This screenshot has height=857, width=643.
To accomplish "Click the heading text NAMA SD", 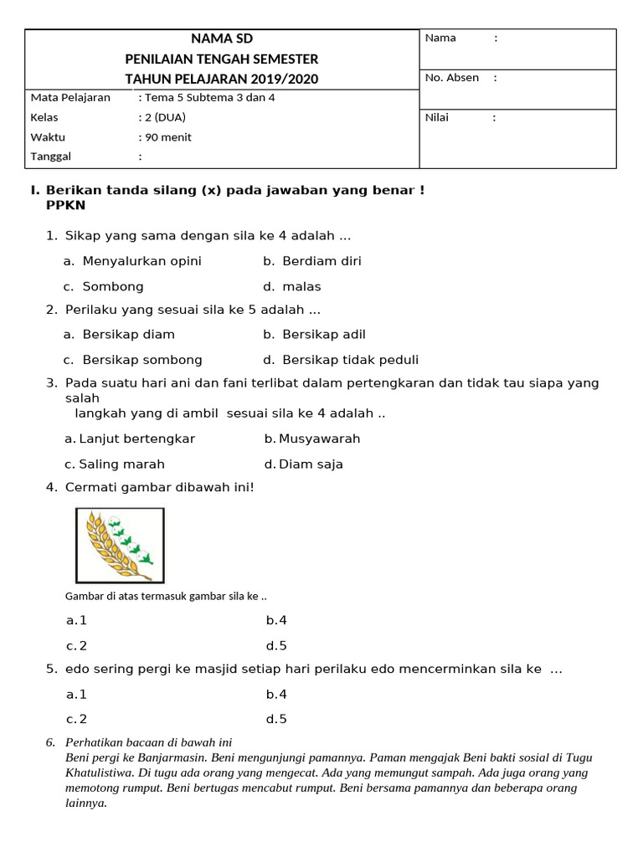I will [221, 38].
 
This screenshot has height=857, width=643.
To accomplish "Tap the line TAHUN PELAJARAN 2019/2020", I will [221, 79].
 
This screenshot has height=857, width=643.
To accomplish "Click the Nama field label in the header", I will [440, 38].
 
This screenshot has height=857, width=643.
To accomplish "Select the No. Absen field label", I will [452, 78].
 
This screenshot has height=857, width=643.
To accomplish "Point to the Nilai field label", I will [437, 117].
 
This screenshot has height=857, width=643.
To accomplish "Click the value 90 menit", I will [168, 137].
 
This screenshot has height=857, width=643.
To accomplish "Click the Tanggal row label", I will [51, 157].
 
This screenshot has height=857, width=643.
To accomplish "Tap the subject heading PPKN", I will [66, 205].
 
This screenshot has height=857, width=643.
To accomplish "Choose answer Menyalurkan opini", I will [141, 261].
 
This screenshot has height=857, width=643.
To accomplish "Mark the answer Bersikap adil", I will [323, 335].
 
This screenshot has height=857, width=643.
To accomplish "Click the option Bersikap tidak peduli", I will [350, 361].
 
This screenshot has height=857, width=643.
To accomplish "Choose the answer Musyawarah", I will [319, 439].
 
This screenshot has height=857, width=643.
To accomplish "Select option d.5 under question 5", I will [276, 719].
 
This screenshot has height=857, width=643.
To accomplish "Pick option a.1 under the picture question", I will [77, 620].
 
